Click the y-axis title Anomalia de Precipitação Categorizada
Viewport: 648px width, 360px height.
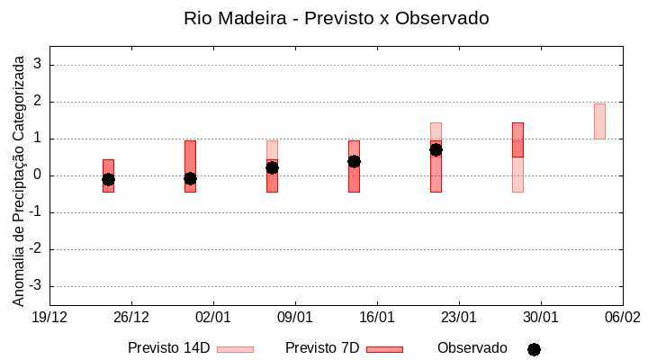18,177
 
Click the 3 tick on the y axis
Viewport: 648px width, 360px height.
38,65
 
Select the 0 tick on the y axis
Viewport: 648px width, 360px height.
38,175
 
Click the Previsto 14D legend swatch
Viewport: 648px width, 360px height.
235,349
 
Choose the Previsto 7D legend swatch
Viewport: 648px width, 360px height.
384,349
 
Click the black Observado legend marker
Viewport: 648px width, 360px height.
534,349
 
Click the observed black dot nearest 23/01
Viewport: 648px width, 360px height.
436,149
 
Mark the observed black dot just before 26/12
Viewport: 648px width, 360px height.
108,179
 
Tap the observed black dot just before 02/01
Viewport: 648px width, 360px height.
190,178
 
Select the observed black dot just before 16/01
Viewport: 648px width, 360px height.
354,161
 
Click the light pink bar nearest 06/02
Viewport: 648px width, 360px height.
599,121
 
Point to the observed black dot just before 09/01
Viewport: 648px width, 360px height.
272,167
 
